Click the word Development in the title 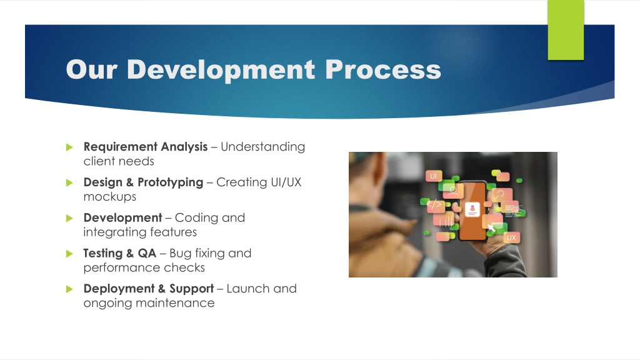click(221, 70)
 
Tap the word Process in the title click(383, 69)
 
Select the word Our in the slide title click(92, 69)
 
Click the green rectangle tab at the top click(566, 30)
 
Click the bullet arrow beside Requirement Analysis click(69, 147)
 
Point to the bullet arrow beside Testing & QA click(69, 254)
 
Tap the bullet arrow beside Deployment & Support click(69, 289)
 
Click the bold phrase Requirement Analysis click(146, 147)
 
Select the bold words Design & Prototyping click(143, 182)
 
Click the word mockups click(110, 197)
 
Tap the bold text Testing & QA click(119, 254)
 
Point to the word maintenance click(175, 303)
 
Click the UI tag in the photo click(434, 176)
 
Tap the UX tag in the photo click(511, 237)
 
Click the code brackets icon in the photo click(434, 205)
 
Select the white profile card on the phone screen click(472, 209)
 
